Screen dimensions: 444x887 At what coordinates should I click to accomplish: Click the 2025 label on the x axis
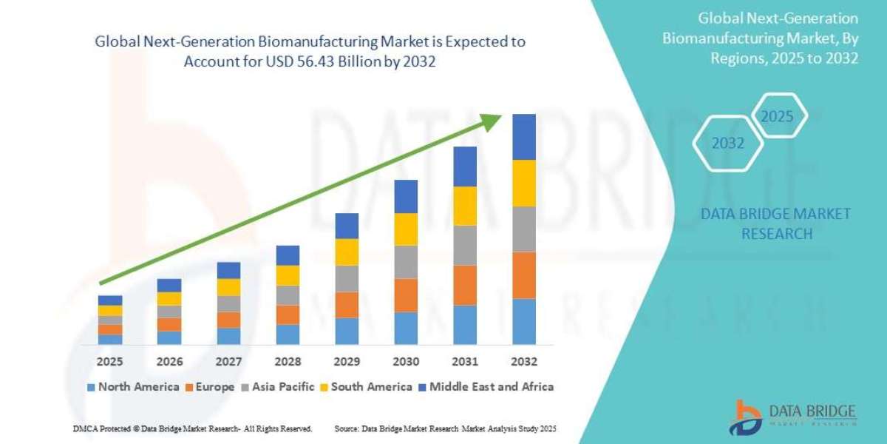110,362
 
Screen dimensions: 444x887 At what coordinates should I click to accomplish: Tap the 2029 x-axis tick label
347,362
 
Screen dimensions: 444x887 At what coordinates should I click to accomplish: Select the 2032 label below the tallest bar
524,362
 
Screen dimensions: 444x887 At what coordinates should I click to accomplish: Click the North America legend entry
133,386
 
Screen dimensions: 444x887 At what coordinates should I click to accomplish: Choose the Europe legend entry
211,386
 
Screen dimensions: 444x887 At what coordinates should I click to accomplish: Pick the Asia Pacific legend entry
278,386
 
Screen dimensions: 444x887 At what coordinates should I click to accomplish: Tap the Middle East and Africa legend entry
486,386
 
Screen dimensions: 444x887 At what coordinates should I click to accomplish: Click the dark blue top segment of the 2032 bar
524,137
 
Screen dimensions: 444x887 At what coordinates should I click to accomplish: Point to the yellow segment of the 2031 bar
465,206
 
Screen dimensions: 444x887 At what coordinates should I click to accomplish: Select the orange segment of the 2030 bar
406,295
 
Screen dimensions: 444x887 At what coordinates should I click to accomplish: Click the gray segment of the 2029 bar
347,278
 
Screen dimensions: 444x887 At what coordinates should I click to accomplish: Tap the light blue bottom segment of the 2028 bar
288,334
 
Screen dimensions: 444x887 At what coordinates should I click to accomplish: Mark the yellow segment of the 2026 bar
169,298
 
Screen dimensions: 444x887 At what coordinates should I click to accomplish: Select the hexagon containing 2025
777,116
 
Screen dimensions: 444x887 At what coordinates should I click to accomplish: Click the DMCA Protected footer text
192,428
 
